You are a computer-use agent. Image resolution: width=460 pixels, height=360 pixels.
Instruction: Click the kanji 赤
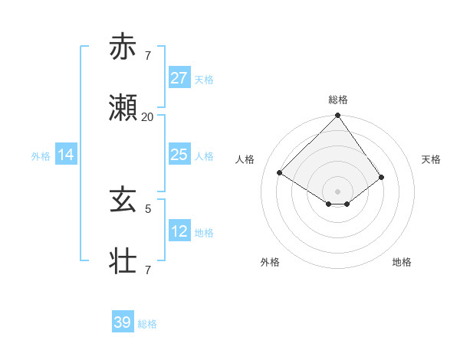(x=123, y=47)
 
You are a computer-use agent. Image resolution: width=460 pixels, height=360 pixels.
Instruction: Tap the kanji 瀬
(x=123, y=108)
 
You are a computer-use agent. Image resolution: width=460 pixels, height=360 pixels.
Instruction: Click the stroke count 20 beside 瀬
(x=147, y=117)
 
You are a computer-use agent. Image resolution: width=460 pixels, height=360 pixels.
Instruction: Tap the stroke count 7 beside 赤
(x=148, y=56)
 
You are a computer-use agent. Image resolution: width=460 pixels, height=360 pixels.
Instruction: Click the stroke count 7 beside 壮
(x=148, y=270)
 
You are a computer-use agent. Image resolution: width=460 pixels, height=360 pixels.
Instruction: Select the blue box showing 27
(x=179, y=77)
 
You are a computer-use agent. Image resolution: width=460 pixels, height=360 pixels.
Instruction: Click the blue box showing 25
(x=179, y=155)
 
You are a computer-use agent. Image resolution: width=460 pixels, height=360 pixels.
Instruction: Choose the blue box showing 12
(x=179, y=231)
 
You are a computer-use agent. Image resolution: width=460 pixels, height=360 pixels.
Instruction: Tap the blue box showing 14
(x=66, y=155)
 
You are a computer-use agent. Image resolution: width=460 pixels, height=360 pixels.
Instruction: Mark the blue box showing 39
(x=122, y=322)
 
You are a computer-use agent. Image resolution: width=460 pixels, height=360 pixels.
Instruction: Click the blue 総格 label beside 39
(x=147, y=324)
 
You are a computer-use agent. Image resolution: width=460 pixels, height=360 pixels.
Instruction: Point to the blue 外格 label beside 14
(x=41, y=156)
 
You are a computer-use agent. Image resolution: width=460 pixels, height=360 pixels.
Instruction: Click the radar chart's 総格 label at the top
(x=337, y=100)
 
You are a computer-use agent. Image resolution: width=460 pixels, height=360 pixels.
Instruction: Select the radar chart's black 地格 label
(x=402, y=262)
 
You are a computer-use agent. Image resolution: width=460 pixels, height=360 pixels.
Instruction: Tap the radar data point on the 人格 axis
(x=280, y=173)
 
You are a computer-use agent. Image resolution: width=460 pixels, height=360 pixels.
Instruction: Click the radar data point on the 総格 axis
(x=337, y=116)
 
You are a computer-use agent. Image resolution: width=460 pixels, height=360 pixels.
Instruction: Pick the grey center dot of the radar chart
(x=337, y=191)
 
